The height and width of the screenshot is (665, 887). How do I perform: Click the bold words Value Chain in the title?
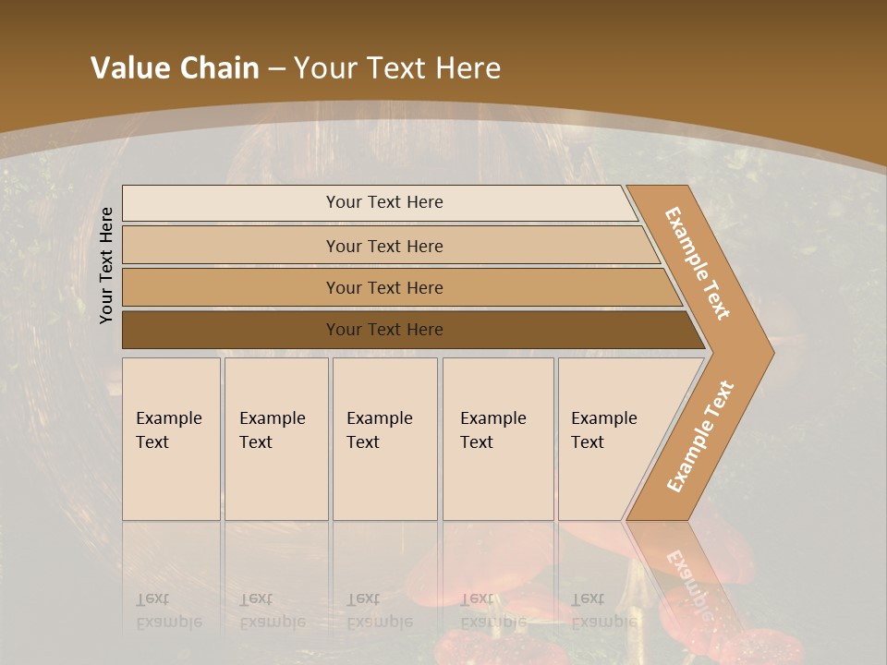pos(175,68)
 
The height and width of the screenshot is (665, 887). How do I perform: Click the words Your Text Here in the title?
pos(397,68)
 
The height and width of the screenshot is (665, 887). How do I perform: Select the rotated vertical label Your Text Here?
pos(106,265)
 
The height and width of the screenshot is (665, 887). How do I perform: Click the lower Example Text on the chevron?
pos(699,436)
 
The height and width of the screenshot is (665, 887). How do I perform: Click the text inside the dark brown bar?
pos(384,330)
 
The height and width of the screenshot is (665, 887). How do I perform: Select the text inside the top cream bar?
pos(384,202)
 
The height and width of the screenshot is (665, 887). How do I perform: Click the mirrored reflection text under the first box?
pos(168,611)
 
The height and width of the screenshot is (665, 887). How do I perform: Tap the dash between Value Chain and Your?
pos(276,68)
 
